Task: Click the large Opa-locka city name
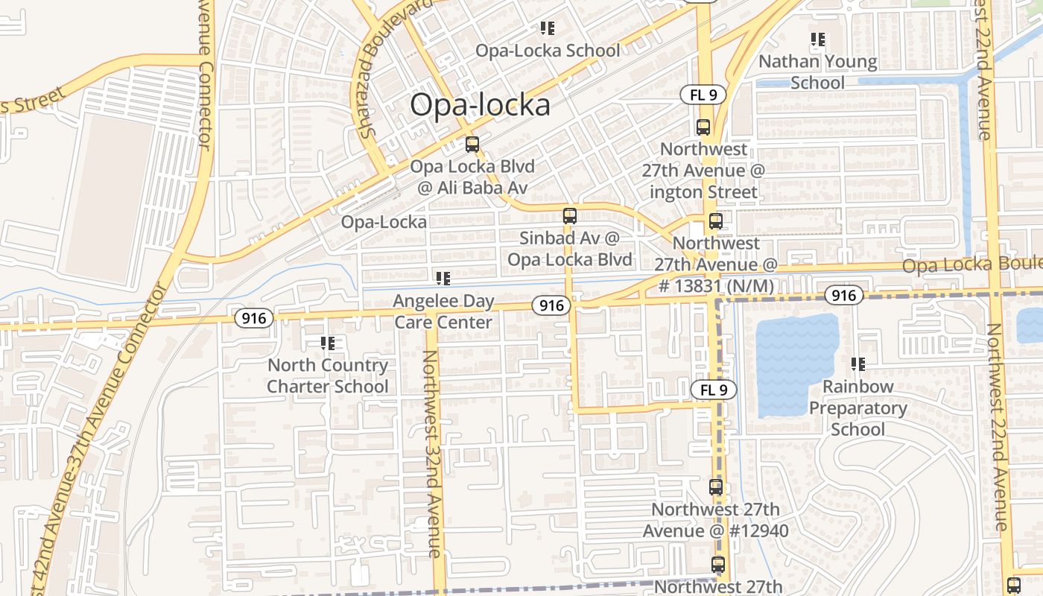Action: point(480,105)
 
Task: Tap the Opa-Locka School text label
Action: point(548,51)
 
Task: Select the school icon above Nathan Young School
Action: point(817,39)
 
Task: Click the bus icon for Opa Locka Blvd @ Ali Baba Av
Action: point(472,145)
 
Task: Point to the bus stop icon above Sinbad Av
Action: point(570,216)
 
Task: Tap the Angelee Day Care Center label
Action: point(443,311)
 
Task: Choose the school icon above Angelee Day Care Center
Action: point(443,279)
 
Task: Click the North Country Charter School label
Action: point(328,375)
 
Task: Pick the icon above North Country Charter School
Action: point(328,343)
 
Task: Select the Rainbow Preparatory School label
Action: point(857,408)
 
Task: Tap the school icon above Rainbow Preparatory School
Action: point(858,364)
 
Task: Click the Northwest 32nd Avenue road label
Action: point(431,454)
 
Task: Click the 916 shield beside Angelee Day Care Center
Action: point(551,305)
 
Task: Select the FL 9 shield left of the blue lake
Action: point(713,390)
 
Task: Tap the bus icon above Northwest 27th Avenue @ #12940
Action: point(716,487)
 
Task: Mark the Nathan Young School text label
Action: point(817,72)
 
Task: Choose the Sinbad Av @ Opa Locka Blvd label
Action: point(570,249)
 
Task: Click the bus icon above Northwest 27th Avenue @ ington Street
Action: point(703,127)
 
